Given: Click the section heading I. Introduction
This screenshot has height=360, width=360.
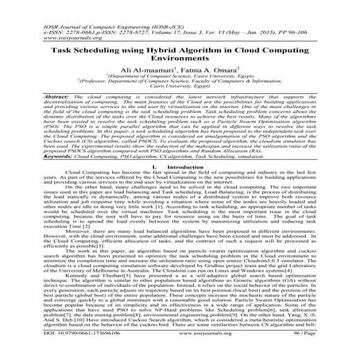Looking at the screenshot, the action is pyautogui.click(x=180, y=168).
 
